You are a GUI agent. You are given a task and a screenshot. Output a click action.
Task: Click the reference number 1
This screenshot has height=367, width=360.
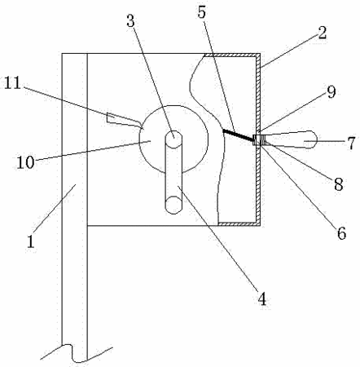coord(31,241)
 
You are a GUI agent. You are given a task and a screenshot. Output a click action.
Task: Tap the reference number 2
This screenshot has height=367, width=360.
coord(322,33)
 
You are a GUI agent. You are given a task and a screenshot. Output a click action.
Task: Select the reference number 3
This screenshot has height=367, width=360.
coord(130,21)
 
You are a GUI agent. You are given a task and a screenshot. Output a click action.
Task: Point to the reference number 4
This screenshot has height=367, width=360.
coord(262,299)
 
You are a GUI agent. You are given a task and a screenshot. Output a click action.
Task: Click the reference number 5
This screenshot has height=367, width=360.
coord(202,12)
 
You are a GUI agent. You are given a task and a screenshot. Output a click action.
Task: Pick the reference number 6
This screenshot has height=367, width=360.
coord(342,233)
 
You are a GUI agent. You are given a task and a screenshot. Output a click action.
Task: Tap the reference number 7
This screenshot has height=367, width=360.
coord(351,143)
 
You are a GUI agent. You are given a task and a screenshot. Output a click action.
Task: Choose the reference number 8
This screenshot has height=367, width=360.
coord(339,184)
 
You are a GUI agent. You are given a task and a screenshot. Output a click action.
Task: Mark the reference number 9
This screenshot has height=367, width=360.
coord(331,92)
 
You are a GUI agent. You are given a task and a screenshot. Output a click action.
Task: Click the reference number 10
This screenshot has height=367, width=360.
coord(25,162)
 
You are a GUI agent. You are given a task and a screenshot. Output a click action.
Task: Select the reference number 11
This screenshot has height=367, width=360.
coord(12,83)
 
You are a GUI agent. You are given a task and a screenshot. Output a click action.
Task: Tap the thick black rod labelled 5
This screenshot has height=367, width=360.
coord(238,135)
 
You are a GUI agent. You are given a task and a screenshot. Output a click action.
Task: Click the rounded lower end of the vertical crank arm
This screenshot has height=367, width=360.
coord(173,205)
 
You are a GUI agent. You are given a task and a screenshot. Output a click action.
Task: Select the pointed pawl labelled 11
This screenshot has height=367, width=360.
coord(125,121)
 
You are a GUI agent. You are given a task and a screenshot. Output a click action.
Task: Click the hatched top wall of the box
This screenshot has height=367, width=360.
coord(230,55)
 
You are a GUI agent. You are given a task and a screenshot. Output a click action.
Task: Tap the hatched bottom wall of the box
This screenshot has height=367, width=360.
coord(239,223)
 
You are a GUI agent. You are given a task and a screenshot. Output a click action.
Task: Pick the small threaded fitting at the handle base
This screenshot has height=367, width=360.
coord(259,140)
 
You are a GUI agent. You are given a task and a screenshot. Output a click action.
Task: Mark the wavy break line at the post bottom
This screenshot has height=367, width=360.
coord(76,353)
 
